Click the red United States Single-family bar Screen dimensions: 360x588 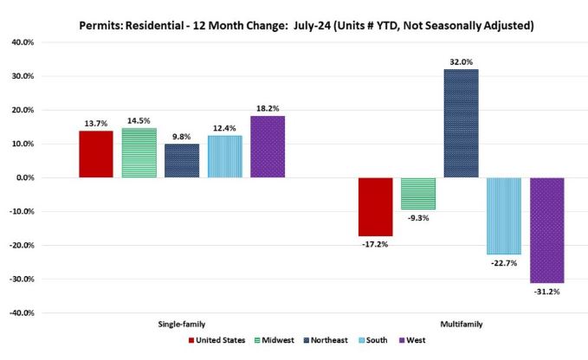pos(95,154)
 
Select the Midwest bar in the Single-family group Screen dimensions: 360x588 pos(139,153)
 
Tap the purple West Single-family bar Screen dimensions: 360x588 pos(268,146)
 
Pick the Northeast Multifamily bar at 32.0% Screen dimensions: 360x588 pos(461,123)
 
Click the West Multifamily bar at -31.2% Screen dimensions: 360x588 pos(546,230)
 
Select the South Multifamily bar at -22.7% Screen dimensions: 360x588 pos(504,215)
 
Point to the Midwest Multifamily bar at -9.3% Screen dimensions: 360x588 pos(417,193)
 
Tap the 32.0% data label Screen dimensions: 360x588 pos(461,61)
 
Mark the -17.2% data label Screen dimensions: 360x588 pos(375,245)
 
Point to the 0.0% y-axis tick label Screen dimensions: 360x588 pos(48,177)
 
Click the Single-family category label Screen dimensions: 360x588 pos(182,324)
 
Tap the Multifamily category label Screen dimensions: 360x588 pos(461,324)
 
